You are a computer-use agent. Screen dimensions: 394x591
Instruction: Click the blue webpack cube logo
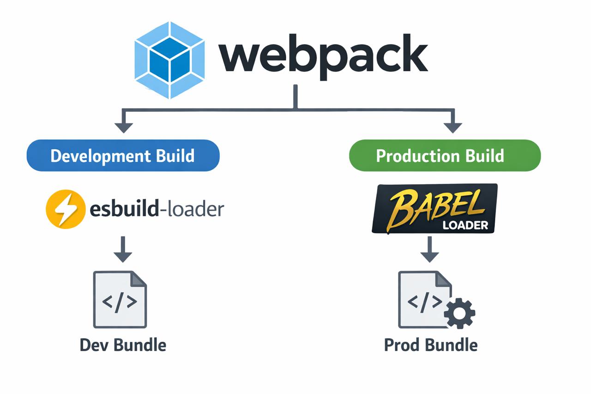click(169, 60)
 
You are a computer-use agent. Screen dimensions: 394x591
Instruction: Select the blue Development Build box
click(123, 156)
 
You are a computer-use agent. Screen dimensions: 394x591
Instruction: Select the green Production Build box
click(444, 156)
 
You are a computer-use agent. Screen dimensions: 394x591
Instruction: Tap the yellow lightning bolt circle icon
click(65, 209)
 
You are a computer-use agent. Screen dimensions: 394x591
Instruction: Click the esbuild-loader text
click(157, 209)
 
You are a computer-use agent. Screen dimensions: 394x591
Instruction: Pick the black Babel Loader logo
click(434, 208)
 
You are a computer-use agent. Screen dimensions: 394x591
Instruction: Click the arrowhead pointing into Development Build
click(123, 127)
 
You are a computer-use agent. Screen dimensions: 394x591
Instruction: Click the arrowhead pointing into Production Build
click(452, 127)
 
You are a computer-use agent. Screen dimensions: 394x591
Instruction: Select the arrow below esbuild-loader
click(123, 249)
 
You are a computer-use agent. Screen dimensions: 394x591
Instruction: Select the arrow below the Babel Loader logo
click(430, 249)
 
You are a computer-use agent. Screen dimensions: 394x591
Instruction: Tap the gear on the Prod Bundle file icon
click(459, 313)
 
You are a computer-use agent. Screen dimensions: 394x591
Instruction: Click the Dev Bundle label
click(123, 345)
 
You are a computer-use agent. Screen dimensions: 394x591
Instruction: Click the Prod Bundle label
click(431, 345)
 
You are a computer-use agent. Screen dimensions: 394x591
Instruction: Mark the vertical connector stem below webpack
click(295, 97)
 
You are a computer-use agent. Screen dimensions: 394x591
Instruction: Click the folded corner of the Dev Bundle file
click(139, 279)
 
